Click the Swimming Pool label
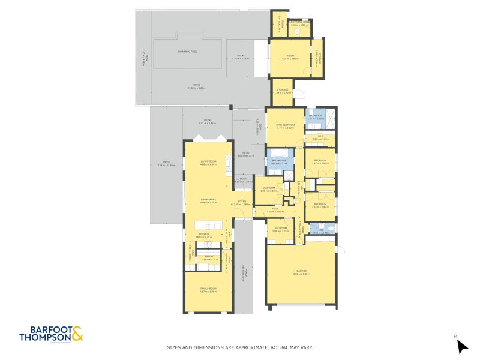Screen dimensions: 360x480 [x=188, y=52]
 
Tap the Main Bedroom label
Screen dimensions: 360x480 [x=285, y=125]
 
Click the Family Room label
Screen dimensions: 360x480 [x=208, y=289]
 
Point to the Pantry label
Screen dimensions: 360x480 [x=209, y=257]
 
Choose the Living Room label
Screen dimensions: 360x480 [x=208, y=162]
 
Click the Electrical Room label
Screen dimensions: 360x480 [x=299, y=23]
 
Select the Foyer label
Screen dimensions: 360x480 [x=242, y=202]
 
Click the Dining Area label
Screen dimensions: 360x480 [x=208, y=200]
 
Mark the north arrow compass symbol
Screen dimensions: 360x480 [x=461, y=346]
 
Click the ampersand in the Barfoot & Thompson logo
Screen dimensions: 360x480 [x=77, y=333]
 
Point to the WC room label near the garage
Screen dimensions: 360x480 [x=321, y=230]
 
